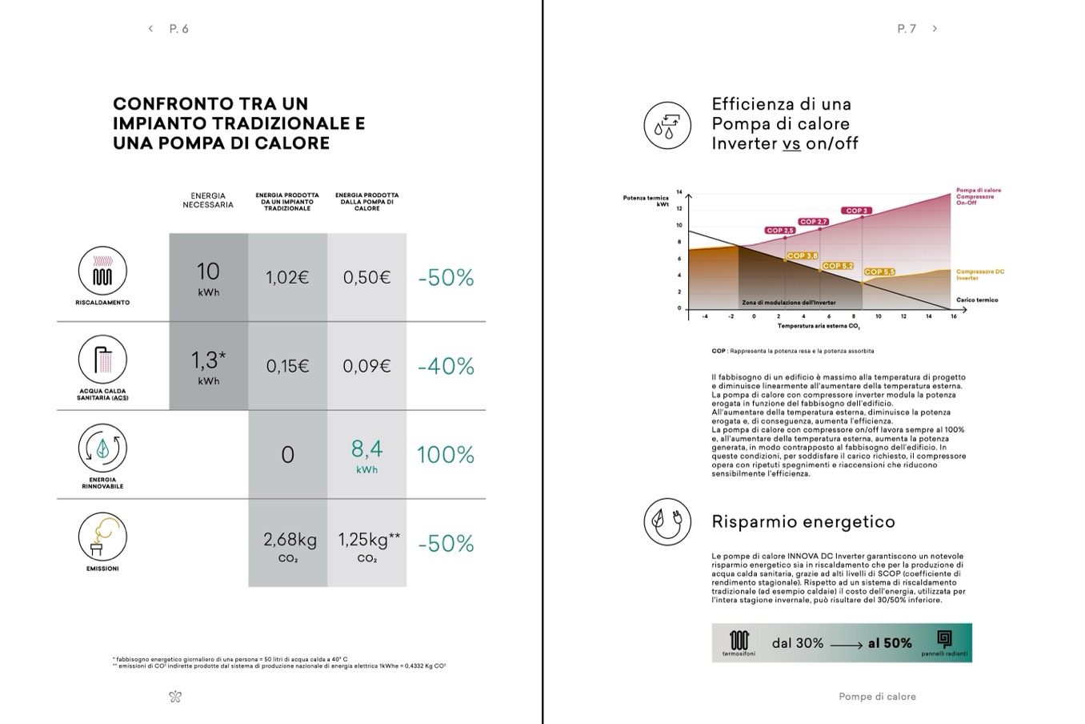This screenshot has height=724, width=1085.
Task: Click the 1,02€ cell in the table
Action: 287,277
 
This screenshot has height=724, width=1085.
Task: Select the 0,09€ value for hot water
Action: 366,366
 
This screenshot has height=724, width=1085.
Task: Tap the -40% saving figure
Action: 446,366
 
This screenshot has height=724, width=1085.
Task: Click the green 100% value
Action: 446,455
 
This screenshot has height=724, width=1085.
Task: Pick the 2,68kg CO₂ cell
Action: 289,544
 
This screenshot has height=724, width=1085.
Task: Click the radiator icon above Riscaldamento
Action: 102,271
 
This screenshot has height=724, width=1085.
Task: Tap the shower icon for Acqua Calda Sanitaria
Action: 102,360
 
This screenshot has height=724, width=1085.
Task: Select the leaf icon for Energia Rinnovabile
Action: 102,449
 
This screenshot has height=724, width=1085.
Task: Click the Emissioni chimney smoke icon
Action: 102,537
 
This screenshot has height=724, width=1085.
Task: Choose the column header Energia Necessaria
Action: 208,200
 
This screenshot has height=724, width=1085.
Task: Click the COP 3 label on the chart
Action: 856,211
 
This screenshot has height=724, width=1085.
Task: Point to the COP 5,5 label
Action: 879,272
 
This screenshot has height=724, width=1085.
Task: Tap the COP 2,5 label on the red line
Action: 779,231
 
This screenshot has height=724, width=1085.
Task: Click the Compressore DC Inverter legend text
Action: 979,275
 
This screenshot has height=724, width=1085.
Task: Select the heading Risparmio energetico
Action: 803,521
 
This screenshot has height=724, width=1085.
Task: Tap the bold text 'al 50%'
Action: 890,643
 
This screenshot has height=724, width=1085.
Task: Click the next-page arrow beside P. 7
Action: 935,29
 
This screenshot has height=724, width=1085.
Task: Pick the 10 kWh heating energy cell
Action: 208,277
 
